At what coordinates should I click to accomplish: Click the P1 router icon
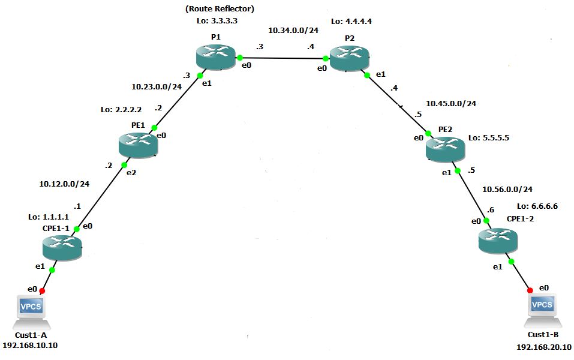(216, 58)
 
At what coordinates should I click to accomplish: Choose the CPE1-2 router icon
(497, 240)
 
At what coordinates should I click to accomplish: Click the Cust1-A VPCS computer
(31, 309)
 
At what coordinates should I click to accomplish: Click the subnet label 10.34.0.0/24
(293, 29)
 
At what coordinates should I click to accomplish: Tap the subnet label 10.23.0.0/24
(157, 86)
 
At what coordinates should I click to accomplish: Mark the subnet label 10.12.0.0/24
(64, 184)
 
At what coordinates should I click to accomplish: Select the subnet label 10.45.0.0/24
(451, 103)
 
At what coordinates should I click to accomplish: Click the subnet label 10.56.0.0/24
(507, 189)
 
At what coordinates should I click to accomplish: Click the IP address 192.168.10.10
(30, 345)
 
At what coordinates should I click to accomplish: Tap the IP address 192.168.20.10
(544, 347)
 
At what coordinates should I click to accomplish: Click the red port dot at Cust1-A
(43, 290)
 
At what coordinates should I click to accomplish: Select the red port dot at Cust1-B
(530, 290)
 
